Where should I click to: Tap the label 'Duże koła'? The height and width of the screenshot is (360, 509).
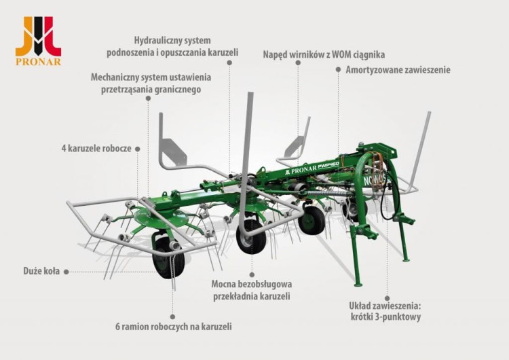pyautogui.click(x=41, y=271)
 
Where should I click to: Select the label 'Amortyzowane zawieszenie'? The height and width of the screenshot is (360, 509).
pyautogui.click(x=398, y=69)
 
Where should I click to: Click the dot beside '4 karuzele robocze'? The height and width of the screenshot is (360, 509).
pyautogui.click(x=138, y=147)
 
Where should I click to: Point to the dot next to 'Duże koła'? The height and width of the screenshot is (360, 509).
pyautogui.click(x=67, y=271)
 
